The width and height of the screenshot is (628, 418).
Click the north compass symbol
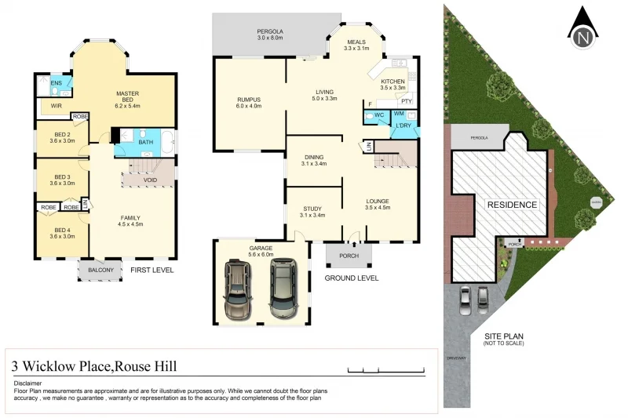pos(582,28)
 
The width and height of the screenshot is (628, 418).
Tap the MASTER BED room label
pos(126,93)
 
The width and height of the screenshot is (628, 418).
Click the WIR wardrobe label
pos(56,104)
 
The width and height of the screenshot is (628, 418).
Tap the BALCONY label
pos(100,271)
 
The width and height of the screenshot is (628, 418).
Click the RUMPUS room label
pos(249,100)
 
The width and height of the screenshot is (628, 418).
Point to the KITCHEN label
pos(392,82)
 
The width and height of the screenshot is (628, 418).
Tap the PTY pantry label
pos(405,101)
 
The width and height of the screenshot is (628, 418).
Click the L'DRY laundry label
pos(403,125)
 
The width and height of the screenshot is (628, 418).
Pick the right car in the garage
pos(284,288)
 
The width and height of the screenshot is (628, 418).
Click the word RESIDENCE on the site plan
pos(513,205)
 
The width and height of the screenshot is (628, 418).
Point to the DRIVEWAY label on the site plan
pos(456,358)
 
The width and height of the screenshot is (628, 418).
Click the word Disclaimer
pos(29,383)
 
